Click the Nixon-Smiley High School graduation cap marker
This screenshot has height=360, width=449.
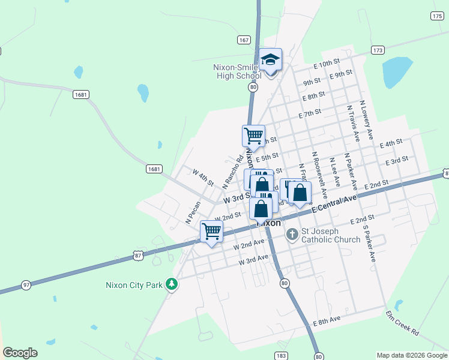coord(271,60)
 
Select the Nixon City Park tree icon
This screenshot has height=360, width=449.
coord(172,284)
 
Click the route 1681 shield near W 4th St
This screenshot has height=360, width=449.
coord(154,169)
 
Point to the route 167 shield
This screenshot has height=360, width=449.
coord(243,40)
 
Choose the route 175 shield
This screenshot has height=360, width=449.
coord(437,16)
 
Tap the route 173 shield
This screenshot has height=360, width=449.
coord(378,50)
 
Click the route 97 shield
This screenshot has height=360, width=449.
coord(26,284)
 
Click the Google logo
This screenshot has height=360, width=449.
coord(20,353)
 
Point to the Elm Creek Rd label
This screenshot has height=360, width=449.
coord(403,322)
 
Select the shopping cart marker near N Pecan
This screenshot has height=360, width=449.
coord(212,231)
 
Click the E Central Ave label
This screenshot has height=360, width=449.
coord(334,203)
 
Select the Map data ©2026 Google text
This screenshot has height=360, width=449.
coord(411,355)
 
